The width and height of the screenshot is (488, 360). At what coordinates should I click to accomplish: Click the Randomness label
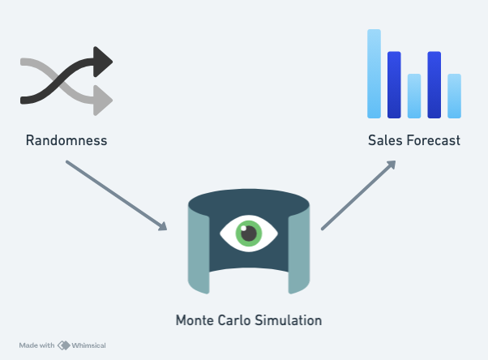coord(66,141)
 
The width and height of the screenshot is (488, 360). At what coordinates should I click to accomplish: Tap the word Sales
coord(383,141)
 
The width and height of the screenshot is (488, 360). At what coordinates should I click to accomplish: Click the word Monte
coord(194,320)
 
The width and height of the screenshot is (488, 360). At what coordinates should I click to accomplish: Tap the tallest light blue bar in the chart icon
coord(374,74)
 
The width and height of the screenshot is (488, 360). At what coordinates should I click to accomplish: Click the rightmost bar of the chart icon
coord(454,96)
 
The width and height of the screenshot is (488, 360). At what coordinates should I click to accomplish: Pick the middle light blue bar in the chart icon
coord(414,96)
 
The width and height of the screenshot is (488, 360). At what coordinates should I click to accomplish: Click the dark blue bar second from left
coord(394,84)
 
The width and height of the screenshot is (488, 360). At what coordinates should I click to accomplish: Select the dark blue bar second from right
coord(434,84)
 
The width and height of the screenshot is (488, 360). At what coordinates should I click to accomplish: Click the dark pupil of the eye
coord(249,234)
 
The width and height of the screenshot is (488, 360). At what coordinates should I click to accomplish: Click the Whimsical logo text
coord(88,345)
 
